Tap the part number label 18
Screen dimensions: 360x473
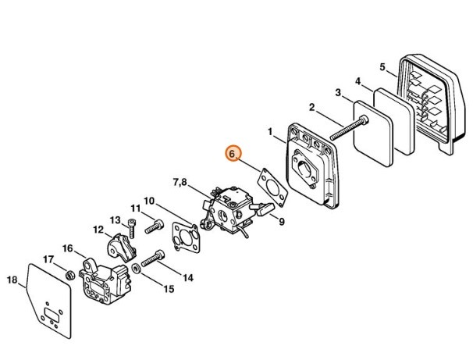click(x=12, y=280)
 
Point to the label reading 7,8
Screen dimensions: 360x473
click(x=180, y=183)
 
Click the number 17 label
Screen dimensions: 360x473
click(x=48, y=260)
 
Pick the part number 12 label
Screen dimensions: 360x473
click(x=98, y=230)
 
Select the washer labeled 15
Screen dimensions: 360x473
click(x=138, y=269)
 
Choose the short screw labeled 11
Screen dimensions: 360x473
click(x=155, y=223)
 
